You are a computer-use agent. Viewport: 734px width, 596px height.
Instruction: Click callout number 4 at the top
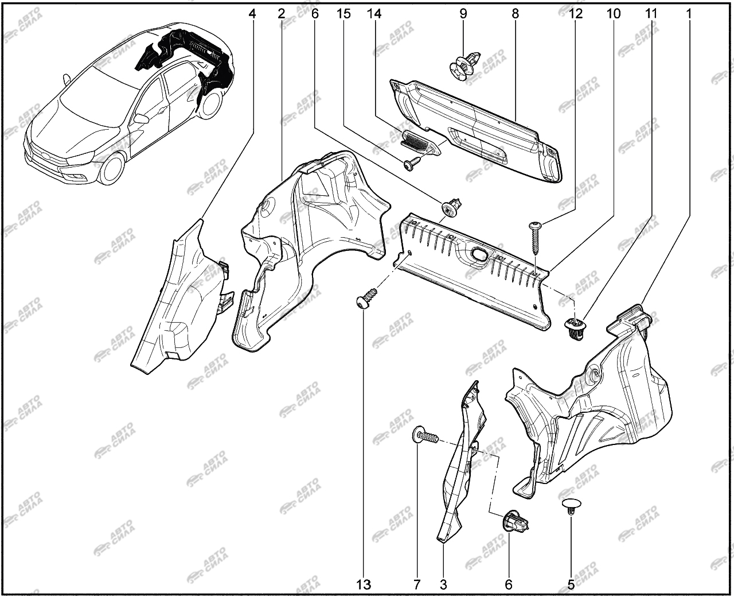[252, 14]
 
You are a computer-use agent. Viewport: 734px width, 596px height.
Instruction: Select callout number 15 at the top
[343, 14]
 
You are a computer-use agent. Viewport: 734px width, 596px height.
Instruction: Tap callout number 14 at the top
[374, 14]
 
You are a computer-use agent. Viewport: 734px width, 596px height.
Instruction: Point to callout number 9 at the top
[463, 14]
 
